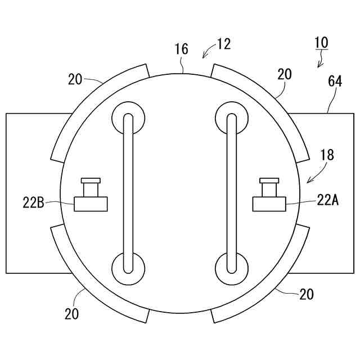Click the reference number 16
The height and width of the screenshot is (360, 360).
[x=181, y=49]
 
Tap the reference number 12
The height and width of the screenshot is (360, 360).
[x=223, y=44]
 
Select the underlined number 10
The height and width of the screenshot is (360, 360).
[x=321, y=42]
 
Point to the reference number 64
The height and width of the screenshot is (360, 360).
[x=335, y=82]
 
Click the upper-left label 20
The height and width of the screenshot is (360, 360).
[x=75, y=79]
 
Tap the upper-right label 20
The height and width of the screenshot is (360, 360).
[x=284, y=74]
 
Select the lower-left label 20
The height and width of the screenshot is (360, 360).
[x=71, y=313]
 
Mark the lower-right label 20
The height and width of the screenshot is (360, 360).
[x=307, y=294]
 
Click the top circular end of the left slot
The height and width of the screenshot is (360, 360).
[x=128, y=118]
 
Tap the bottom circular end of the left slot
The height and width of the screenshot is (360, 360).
[x=128, y=267]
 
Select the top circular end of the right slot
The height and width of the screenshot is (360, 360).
[x=231, y=118]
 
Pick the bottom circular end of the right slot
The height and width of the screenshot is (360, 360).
[x=231, y=267]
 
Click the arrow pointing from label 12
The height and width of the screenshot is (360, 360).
[x=208, y=52]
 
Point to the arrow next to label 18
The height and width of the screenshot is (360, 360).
[x=314, y=175]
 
